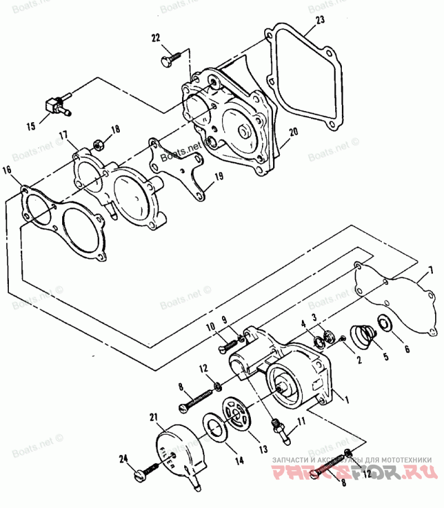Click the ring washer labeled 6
383,322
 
